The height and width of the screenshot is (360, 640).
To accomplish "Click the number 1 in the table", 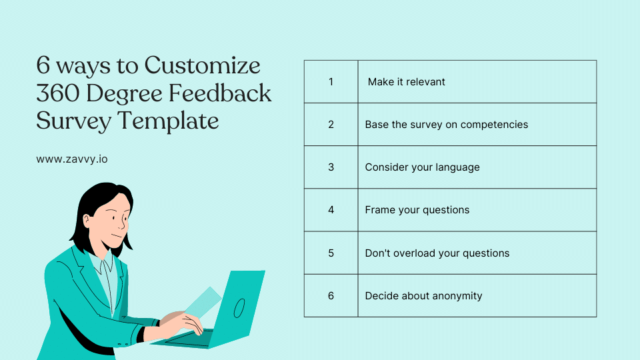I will click(x=331, y=82).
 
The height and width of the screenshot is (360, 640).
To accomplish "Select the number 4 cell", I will click(x=331, y=210).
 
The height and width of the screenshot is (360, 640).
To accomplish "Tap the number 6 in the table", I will click(x=331, y=295).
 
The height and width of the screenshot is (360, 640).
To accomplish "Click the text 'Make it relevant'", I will click(x=407, y=82).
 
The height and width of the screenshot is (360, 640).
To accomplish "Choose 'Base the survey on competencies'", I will click(x=446, y=125).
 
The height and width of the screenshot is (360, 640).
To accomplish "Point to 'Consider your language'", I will click(x=422, y=167).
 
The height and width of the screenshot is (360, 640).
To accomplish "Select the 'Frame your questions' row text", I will click(x=417, y=210).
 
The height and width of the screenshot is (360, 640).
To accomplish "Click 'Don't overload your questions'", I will click(x=437, y=253).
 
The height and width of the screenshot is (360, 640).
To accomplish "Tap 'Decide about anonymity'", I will click(x=423, y=296).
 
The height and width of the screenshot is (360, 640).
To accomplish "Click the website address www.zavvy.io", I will click(x=72, y=159).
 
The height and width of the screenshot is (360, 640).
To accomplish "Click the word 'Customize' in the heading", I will click(x=203, y=66).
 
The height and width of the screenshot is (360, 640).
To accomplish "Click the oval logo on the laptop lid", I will click(x=239, y=307).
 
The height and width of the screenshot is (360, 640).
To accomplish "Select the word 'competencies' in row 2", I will click(x=497, y=125).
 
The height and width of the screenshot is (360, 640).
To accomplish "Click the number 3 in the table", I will click(x=331, y=167).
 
